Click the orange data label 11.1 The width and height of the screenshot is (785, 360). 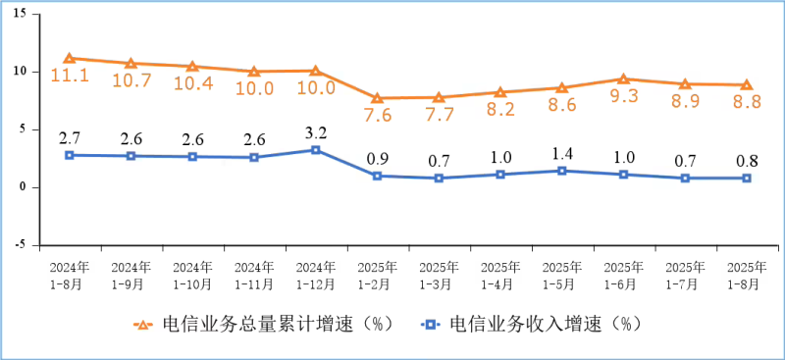pyautogui.click(x=70, y=75)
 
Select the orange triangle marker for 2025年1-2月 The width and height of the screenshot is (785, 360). pyautogui.click(x=377, y=98)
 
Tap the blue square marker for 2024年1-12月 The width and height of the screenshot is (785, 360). pyautogui.click(x=315, y=150)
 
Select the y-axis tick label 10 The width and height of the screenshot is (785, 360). pyautogui.click(x=19, y=72)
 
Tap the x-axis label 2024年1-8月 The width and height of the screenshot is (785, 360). pyautogui.click(x=70, y=275)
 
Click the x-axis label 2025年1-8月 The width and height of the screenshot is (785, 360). pyautogui.click(x=746, y=275)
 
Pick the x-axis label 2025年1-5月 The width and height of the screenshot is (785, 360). pyautogui.click(x=561, y=275)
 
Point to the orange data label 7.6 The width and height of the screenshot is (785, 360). pyautogui.click(x=377, y=116)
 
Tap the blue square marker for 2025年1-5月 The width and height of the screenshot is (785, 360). pyautogui.click(x=561, y=171)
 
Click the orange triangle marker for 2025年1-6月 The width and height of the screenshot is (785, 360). pyautogui.click(x=623, y=78)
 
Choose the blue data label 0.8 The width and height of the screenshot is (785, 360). pyautogui.click(x=746, y=159)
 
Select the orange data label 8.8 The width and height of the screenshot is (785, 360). pyautogui.click(x=746, y=102)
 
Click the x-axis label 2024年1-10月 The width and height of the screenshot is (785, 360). pyautogui.click(x=192, y=275)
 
